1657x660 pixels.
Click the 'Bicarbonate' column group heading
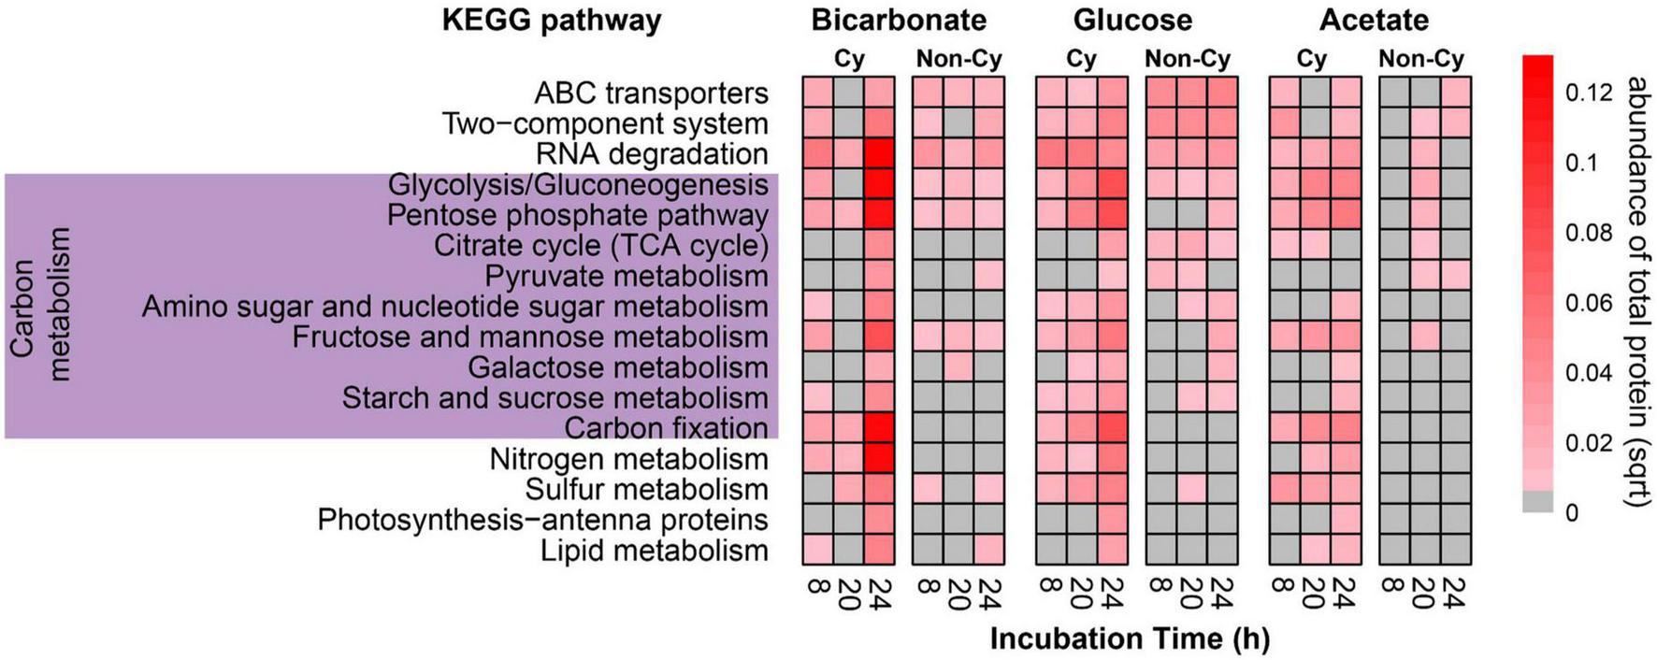coord(898,20)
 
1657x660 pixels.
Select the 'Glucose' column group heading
coord(1132,20)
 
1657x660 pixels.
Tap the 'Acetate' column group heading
coord(1374,20)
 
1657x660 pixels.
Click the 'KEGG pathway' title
coord(552,20)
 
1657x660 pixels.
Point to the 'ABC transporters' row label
coord(651,93)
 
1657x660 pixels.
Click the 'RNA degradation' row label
coord(652,154)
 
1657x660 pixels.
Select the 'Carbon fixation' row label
coord(666,428)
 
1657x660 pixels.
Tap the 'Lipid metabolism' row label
coord(654,551)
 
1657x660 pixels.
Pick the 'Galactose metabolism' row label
coord(617,367)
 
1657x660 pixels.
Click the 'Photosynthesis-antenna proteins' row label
coord(542,520)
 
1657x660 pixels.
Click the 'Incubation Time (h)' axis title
coord(1130,638)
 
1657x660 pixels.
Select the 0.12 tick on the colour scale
coord(1588,93)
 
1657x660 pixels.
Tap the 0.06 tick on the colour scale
coord(1588,303)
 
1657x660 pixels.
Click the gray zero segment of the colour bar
coord(1537,502)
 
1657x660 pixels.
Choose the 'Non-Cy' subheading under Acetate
coord(1420,59)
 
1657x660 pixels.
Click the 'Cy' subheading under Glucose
coord(1081,59)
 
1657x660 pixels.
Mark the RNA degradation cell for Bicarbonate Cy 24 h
coord(879,153)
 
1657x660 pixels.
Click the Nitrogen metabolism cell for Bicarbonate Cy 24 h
coord(879,458)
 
